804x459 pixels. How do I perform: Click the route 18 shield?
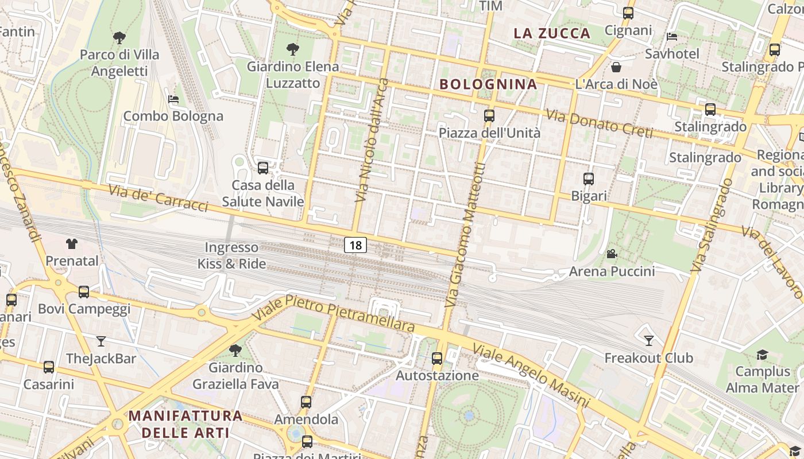355,246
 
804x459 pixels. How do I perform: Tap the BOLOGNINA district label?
488,84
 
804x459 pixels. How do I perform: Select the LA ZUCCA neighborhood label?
552,33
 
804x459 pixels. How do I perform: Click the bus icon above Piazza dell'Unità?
489,115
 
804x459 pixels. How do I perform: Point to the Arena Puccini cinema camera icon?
612,254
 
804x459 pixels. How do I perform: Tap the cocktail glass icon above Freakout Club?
649,341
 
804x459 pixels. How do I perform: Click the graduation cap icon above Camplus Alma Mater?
762,355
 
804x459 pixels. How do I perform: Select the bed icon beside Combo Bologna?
173,99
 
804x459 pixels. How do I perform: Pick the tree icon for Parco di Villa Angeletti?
119,38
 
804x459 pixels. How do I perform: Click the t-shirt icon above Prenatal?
72,244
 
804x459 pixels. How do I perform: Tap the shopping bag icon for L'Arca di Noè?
616,67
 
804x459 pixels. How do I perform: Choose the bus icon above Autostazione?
437,359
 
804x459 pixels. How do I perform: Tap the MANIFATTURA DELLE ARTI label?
185,423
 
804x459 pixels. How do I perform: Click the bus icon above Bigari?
589,179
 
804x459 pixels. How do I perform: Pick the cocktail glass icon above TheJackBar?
101,341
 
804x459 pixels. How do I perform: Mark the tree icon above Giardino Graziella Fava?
235,350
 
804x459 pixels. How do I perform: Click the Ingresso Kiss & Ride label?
232,256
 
